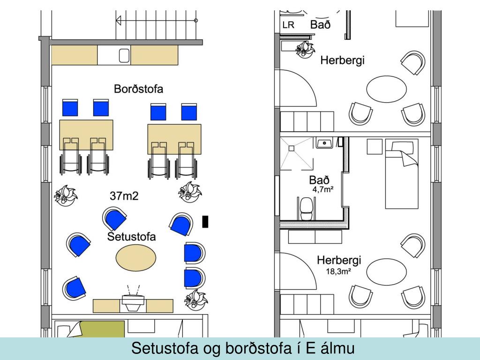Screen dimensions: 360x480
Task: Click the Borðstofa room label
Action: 139,89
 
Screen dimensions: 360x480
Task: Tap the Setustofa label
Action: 131,236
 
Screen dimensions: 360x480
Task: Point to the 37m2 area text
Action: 124,196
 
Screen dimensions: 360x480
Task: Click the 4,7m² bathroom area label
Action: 323,190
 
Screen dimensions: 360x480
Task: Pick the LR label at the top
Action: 288,25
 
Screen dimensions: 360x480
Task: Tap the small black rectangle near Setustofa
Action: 205,221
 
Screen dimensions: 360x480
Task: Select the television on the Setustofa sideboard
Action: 133,301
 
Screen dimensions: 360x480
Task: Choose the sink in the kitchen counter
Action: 125,56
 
